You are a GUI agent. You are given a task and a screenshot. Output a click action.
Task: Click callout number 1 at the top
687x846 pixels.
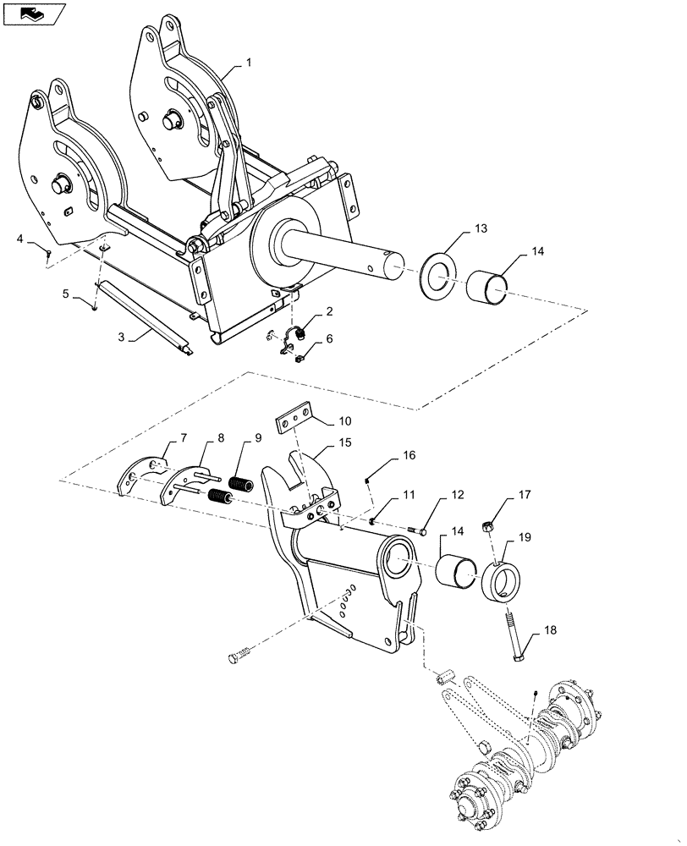point(249,63)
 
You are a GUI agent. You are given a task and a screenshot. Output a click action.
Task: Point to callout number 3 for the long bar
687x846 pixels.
point(120,337)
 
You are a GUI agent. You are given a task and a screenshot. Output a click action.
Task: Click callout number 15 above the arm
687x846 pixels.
point(345,442)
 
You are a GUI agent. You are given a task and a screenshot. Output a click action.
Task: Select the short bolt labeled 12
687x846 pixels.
point(414,530)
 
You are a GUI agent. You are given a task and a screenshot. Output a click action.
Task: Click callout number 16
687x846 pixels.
point(409,455)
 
